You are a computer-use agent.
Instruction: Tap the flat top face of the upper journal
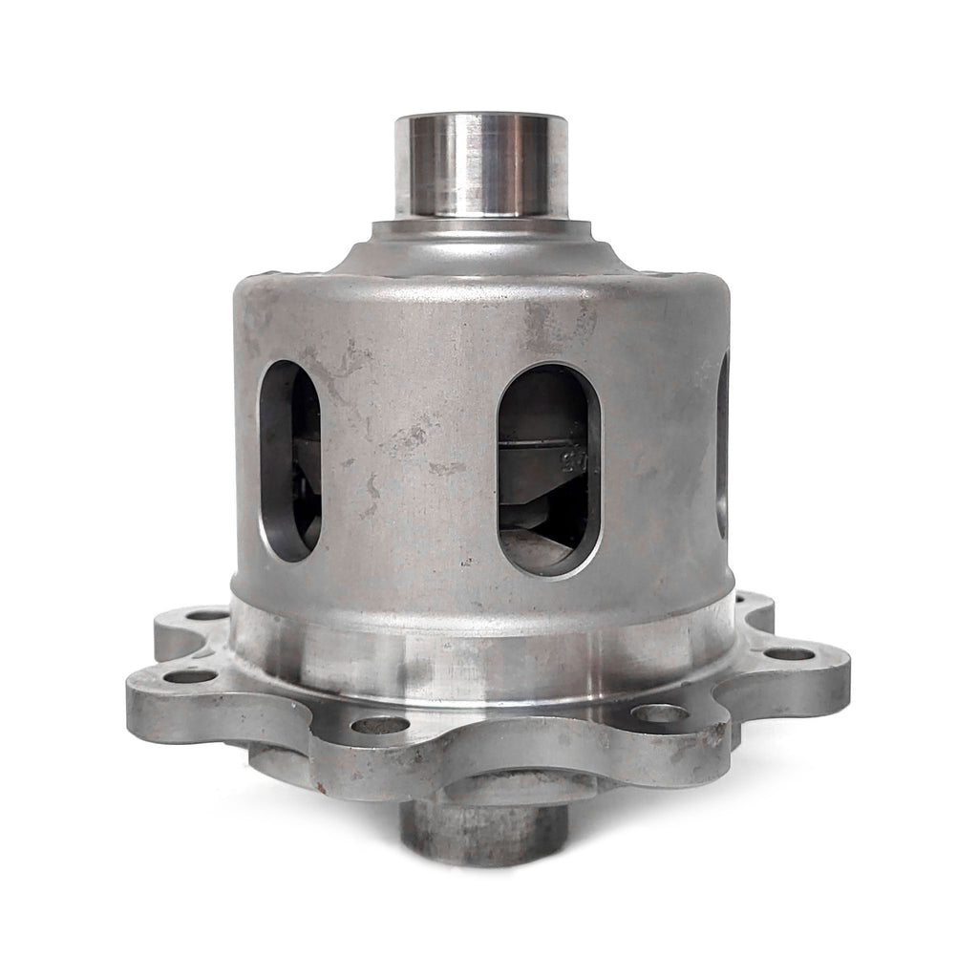pos(481,118)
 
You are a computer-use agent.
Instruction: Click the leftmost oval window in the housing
pos(289,461)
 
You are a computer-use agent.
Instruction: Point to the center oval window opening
pos(548,469)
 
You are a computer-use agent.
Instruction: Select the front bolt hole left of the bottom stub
pos(379,725)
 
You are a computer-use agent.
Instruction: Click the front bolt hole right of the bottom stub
pos(658,712)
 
